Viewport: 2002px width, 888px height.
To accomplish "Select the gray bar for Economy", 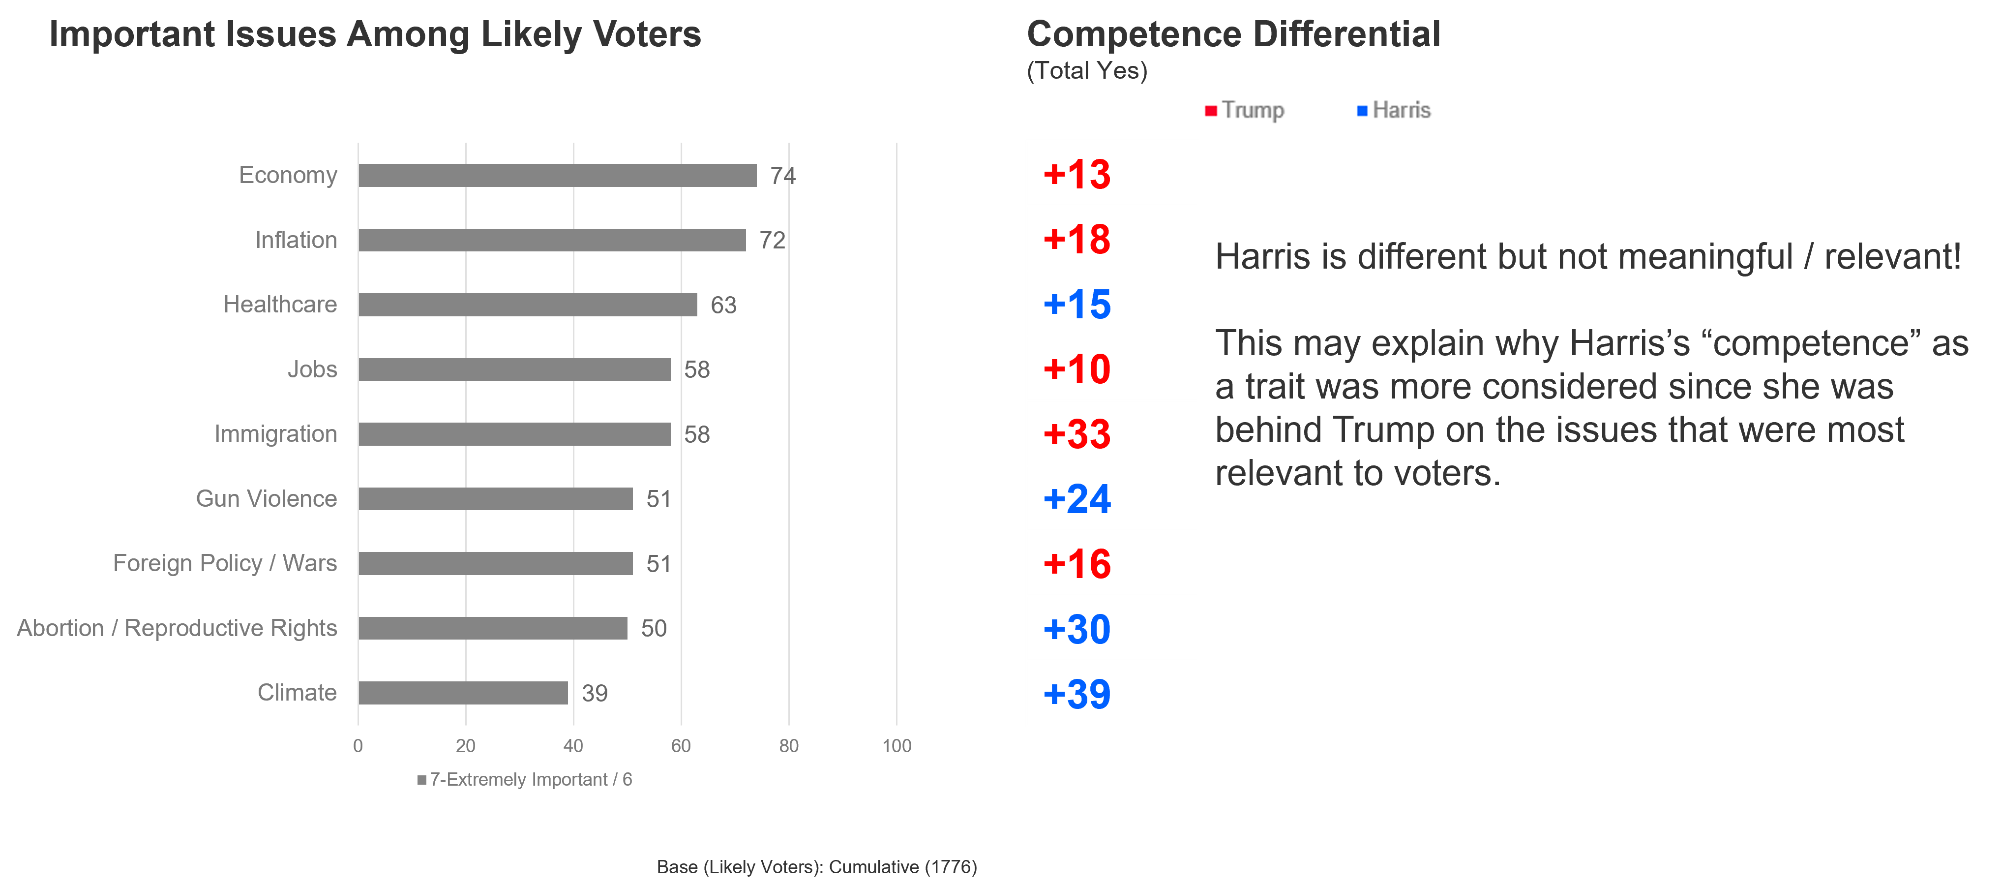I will [x=557, y=175].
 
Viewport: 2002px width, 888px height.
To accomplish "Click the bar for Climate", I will [x=463, y=693].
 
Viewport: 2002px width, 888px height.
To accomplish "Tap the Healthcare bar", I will [x=528, y=305].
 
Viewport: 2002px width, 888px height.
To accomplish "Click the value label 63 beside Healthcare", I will [x=723, y=305].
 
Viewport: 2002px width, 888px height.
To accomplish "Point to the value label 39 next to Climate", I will [x=595, y=693].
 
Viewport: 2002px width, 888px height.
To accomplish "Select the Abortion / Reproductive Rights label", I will [x=177, y=628].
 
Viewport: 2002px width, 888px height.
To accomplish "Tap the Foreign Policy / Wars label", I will [x=225, y=563].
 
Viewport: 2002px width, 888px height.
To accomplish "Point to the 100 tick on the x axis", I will [x=896, y=746].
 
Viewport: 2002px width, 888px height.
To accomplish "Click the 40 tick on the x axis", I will [x=573, y=746].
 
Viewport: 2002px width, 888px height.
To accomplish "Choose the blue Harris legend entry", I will [x=1394, y=110].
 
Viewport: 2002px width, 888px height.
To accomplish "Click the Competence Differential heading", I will [x=1233, y=35].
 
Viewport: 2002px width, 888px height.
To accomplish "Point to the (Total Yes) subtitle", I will [x=1086, y=71].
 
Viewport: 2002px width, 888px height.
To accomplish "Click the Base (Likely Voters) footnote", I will [x=816, y=866].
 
